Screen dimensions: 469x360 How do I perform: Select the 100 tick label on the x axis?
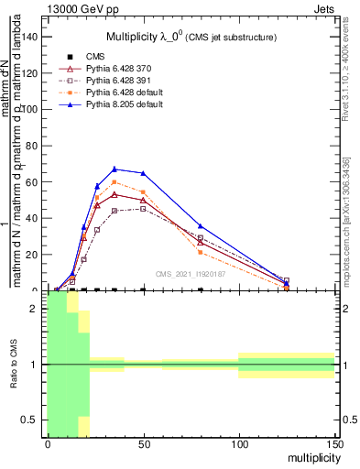(238, 444)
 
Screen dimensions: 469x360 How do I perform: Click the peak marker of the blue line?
(114, 169)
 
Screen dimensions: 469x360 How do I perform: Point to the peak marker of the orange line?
(114, 181)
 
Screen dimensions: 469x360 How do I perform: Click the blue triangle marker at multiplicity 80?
(200, 225)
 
